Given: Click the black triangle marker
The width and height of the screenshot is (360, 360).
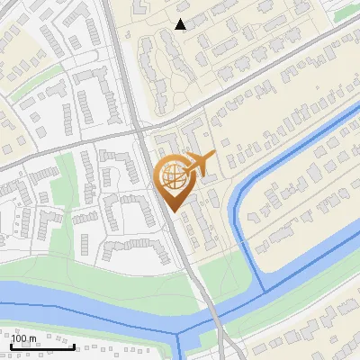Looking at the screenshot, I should click(181, 24).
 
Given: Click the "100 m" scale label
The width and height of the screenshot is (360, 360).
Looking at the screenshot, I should click(24, 338).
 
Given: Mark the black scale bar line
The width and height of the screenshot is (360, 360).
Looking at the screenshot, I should click(41, 346).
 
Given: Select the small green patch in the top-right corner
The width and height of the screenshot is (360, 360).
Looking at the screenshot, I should click(346, 13).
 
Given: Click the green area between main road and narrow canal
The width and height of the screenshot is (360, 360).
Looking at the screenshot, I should click(216, 270).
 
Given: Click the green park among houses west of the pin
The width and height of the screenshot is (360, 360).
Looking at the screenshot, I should click(67, 180).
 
